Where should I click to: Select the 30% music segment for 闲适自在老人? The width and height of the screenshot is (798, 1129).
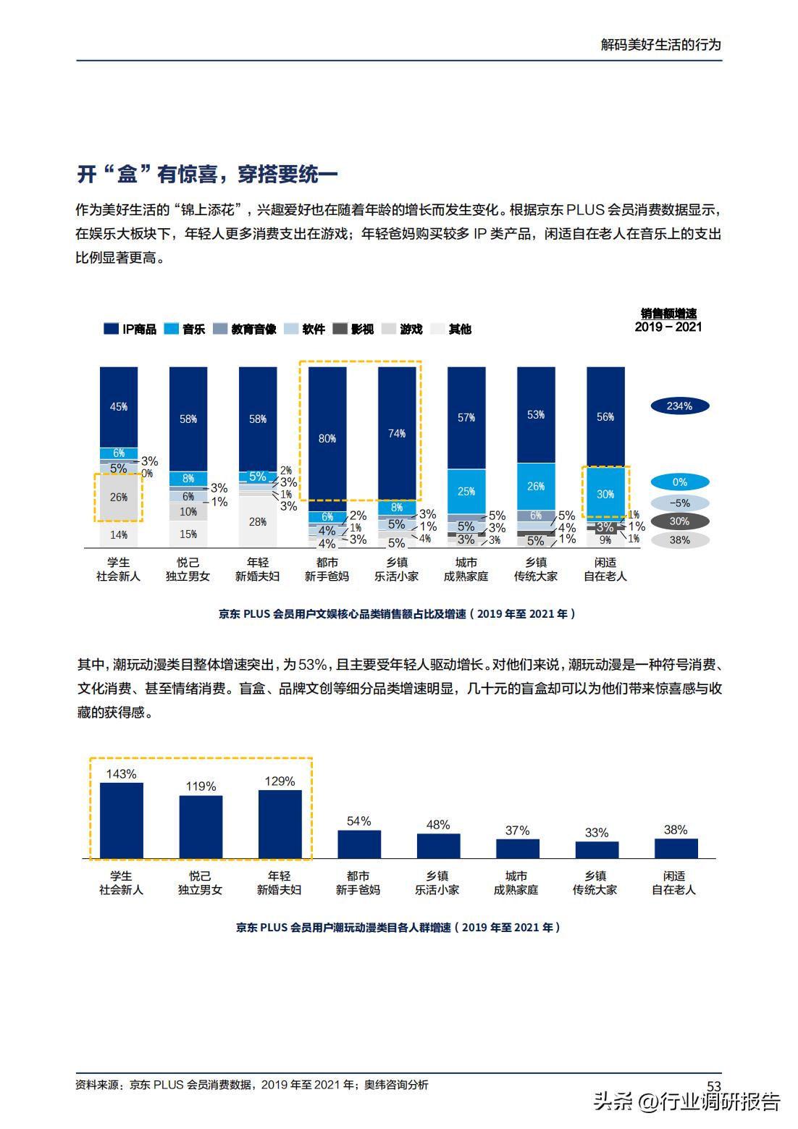point(605,494)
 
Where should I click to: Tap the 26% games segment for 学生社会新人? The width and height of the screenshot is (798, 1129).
point(119,498)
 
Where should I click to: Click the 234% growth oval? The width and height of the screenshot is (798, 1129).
point(679,406)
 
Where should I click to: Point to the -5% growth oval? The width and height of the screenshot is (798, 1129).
point(679,503)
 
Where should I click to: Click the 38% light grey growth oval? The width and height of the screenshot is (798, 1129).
point(679,540)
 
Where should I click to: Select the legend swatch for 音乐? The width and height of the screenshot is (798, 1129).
point(172,329)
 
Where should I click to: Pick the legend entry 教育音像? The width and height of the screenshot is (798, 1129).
point(245,329)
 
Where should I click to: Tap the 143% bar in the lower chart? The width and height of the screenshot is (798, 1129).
point(121,820)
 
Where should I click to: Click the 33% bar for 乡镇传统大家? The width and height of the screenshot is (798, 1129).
point(597,849)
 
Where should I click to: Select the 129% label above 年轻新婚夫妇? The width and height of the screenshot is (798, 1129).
point(280,781)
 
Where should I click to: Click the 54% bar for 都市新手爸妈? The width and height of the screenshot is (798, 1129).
point(358,844)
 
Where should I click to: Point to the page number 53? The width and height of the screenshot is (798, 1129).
point(713,1086)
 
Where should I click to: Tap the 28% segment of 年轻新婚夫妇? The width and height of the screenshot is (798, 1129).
point(258,522)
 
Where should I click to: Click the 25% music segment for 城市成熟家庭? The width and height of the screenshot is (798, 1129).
point(466,491)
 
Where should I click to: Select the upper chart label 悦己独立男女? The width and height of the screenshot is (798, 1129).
point(188,569)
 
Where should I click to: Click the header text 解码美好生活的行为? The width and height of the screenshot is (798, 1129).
point(661,44)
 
